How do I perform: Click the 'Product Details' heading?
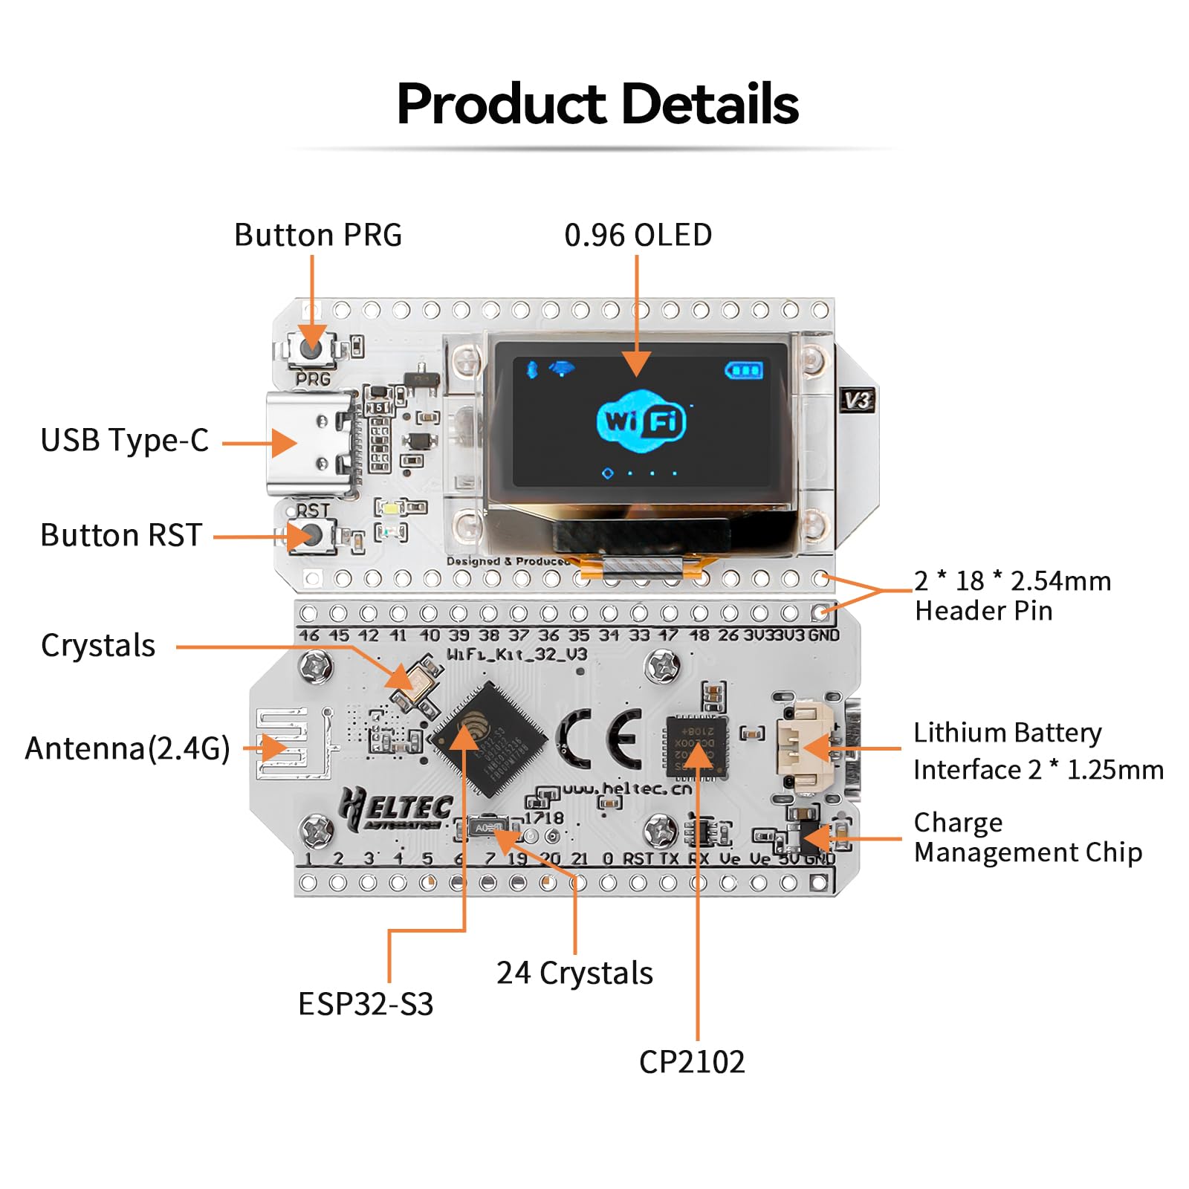click(x=597, y=103)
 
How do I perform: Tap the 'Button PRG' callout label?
click(x=317, y=235)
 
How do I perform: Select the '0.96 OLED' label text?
click(x=638, y=235)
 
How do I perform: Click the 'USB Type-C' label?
click(x=124, y=440)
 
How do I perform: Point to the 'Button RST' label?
click(x=121, y=535)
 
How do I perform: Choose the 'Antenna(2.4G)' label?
click(x=127, y=748)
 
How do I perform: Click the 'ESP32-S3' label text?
click(x=365, y=1004)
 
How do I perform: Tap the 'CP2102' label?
click(x=691, y=1062)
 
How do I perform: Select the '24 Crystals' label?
click(x=574, y=973)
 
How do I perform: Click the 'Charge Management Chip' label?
click(x=1027, y=838)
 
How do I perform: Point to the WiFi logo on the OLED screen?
click(x=641, y=421)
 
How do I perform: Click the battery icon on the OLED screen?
click(x=743, y=369)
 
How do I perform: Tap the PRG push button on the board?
click(x=312, y=346)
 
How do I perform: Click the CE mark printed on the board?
click(x=599, y=739)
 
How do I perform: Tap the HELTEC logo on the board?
click(x=396, y=809)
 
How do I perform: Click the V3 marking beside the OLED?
click(x=857, y=401)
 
